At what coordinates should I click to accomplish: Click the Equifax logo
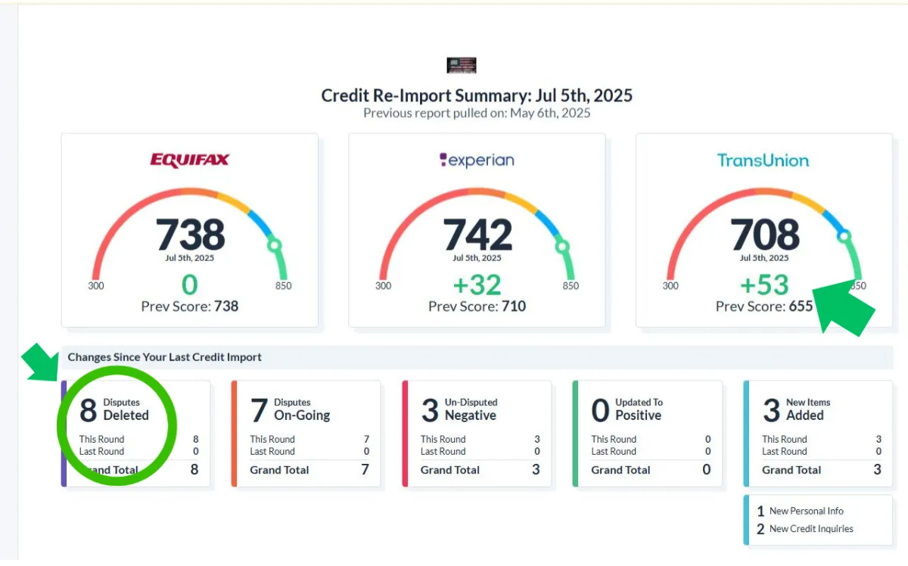[x=189, y=160]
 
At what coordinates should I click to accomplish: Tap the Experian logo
[x=477, y=160]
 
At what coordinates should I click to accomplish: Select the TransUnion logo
[x=763, y=160]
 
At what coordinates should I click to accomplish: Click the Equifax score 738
[x=190, y=235]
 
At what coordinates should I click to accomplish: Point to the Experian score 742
[x=477, y=235]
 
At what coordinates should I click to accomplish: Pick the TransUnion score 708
[x=764, y=235]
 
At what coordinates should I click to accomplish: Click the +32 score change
[x=477, y=285]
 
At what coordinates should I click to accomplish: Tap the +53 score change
[x=764, y=285]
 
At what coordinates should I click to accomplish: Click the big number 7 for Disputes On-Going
[x=259, y=411]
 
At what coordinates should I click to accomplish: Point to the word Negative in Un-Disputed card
[x=470, y=415]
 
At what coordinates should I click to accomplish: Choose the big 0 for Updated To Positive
[x=600, y=411]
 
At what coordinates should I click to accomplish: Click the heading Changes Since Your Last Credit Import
[x=165, y=357]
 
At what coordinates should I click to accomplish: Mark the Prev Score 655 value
[x=801, y=306]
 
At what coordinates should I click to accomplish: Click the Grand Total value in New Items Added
[x=877, y=470]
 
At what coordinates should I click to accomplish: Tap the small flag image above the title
[x=462, y=65]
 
